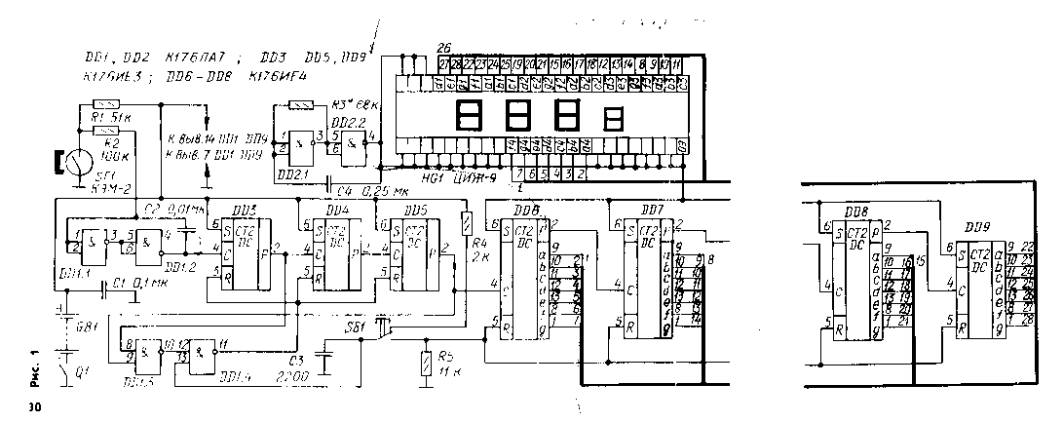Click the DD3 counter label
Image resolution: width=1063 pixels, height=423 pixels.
245,211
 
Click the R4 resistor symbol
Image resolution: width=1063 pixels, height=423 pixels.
466,222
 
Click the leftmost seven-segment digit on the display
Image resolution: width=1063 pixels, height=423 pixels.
470,116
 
